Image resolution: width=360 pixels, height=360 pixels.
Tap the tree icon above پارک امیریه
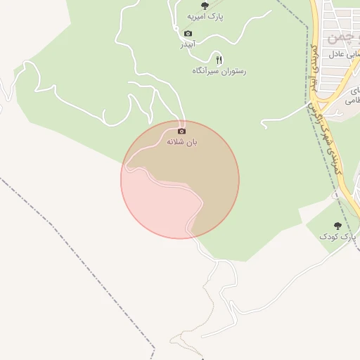(x=205, y=6)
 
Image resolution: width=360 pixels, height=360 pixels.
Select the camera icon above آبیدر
(x=188, y=34)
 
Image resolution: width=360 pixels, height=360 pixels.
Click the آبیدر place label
(x=188, y=44)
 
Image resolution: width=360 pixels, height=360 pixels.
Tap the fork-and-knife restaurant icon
(x=219, y=60)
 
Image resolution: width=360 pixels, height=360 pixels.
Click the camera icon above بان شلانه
(x=182, y=131)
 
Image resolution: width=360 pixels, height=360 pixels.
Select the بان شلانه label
(x=182, y=141)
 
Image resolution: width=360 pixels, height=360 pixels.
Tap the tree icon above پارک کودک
(x=338, y=226)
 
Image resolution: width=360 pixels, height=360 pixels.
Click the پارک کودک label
(x=338, y=237)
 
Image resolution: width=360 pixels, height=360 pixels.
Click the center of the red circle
(x=180, y=180)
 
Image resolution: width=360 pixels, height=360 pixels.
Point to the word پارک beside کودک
(x=347, y=237)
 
